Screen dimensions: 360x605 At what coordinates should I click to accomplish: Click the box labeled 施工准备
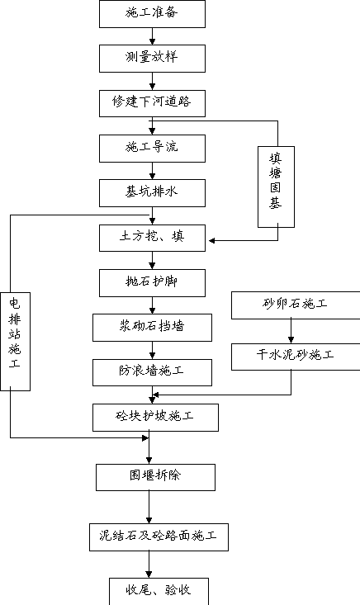pyautogui.click(x=152, y=14)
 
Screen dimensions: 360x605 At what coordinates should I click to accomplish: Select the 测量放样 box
pyautogui.click(x=152, y=59)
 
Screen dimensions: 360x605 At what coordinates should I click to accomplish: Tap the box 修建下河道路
pyautogui.click(x=152, y=103)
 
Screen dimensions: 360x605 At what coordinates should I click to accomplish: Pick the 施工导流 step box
pyautogui.click(x=152, y=149)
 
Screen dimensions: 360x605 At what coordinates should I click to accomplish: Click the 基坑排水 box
pyautogui.click(x=152, y=193)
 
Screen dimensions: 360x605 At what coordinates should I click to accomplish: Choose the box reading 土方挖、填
pyautogui.click(x=152, y=238)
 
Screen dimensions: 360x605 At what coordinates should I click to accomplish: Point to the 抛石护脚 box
pyautogui.click(x=152, y=283)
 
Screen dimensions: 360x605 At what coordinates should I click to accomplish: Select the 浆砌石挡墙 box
pyautogui.click(x=152, y=328)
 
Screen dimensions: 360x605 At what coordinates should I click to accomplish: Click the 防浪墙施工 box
pyautogui.click(x=152, y=372)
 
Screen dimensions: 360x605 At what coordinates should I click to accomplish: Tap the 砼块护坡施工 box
pyautogui.click(x=155, y=418)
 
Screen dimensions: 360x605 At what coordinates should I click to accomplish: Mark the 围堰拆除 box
pyautogui.click(x=155, y=477)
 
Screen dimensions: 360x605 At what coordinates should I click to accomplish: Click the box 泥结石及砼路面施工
pyautogui.click(x=159, y=537)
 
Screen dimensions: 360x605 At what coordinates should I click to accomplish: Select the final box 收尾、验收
pyautogui.click(x=159, y=592)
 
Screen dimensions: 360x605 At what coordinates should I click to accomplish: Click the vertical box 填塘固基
pyautogui.click(x=277, y=187)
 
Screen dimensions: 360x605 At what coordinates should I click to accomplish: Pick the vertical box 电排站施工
pyautogui.click(x=15, y=342)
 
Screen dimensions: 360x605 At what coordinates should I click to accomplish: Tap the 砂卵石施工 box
pyautogui.click(x=296, y=305)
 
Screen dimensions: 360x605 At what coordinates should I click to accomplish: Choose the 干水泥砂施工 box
pyautogui.click(x=296, y=357)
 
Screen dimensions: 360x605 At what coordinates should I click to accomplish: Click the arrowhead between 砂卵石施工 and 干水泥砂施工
pyautogui.click(x=291, y=340)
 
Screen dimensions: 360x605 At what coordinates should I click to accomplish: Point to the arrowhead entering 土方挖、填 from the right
pyautogui.click(x=212, y=240)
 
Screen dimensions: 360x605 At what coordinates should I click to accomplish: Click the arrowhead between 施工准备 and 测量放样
pyautogui.click(x=152, y=41)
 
